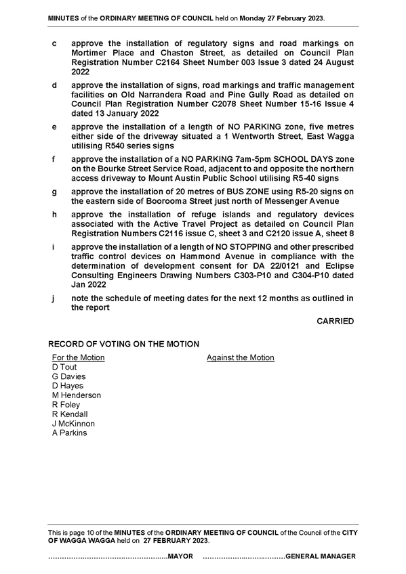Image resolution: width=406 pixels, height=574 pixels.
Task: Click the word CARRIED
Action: click(x=336, y=321)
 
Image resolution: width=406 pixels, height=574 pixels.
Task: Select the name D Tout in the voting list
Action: click(x=64, y=367)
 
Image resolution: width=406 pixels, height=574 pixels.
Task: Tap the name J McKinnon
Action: click(x=73, y=424)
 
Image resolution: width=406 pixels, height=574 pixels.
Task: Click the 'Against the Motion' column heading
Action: click(x=241, y=357)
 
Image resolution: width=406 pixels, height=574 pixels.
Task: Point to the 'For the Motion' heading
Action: click(x=79, y=357)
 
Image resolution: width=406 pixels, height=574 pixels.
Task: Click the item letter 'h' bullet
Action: click(x=54, y=215)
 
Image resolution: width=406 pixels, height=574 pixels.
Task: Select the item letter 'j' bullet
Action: click(x=54, y=299)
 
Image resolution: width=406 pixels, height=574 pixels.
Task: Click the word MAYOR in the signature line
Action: click(x=180, y=556)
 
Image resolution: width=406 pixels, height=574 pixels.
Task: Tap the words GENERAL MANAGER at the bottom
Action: click(x=321, y=556)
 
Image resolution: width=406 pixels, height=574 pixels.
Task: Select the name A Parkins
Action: click(x=70, y=433)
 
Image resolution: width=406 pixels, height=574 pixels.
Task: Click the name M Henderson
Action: click(x=76, y=395)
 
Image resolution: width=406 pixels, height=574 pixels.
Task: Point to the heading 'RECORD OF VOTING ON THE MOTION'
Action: click(x=124, y=344)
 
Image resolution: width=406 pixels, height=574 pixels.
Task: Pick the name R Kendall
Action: click(x=70, y=414)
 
